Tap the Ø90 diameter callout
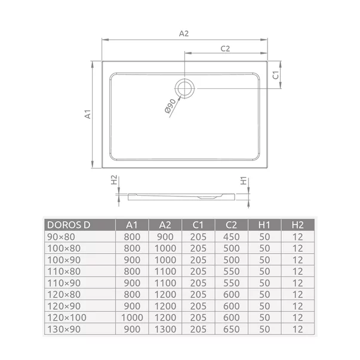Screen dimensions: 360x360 click(x=170, y=106)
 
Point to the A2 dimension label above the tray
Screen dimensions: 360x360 click(x=184, y=34)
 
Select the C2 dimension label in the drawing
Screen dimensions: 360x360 click(x=225, y=49)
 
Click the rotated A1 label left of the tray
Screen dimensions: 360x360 click(x=88, y=114)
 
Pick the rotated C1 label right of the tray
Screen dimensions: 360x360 click(x=275, y=75)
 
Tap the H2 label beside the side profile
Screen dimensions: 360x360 click(x=114, y=180)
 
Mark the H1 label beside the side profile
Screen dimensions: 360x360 click(x=244, y=181)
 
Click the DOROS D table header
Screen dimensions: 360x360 click(x=69, y=225)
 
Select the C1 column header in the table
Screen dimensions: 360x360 click(x=198, y=225)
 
